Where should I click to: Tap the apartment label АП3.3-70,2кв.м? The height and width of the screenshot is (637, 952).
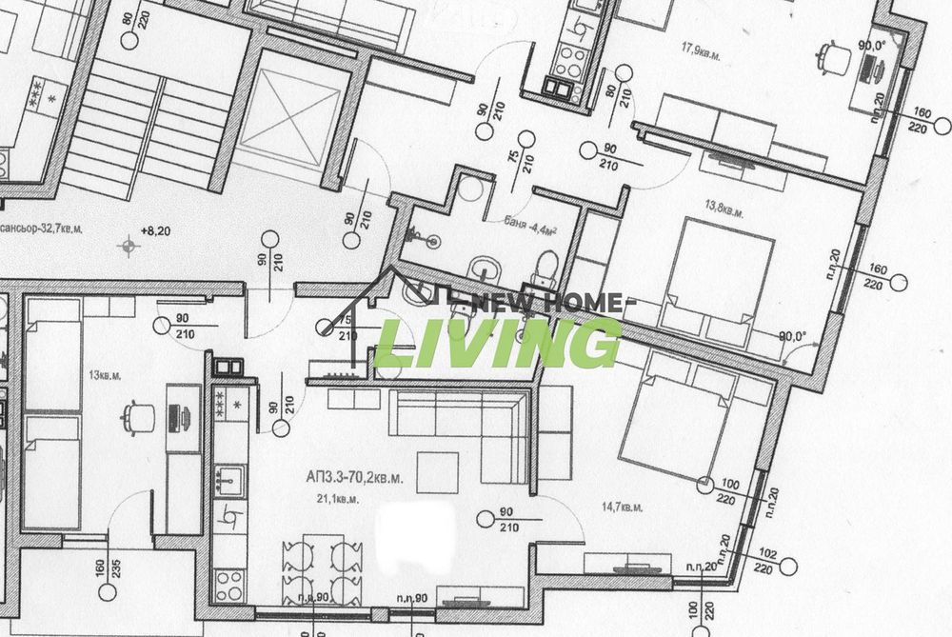[x=354, y=480]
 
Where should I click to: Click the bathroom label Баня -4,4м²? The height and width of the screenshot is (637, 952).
[x=529, y=225]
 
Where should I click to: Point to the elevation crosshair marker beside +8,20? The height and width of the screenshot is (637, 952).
[x=128, y=248]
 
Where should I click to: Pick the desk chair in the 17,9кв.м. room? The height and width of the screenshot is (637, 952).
[x=834, y=57]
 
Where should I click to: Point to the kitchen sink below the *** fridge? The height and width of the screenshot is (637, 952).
[x=228, y=477]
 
